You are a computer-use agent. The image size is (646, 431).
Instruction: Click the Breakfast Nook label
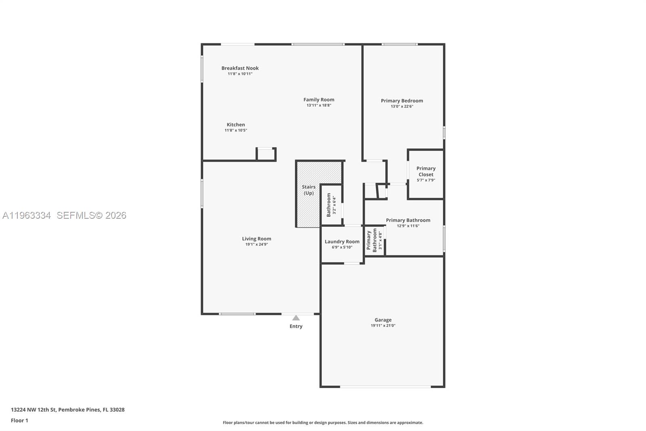(x=240, y=68)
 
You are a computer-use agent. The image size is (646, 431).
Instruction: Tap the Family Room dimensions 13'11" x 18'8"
(x=319, y=106)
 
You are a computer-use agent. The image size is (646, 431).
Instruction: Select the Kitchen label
(x=235, y=125)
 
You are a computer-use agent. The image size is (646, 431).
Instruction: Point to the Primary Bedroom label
(x=402, y=101)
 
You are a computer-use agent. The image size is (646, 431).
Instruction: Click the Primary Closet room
(x=426, y=174)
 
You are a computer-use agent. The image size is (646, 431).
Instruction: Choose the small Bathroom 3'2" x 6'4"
(x=331, y=205)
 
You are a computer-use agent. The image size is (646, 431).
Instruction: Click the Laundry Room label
(x=342, y=241)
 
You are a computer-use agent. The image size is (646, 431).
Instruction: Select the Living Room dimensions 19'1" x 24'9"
(x=256, y=245)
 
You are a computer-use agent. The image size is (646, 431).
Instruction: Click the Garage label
(x=383, y=320)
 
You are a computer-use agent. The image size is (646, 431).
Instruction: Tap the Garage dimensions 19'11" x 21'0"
(x=383, y=325)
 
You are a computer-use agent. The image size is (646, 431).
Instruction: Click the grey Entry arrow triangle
(x=296, y=318)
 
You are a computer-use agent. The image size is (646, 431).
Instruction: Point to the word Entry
(x=296, y=326)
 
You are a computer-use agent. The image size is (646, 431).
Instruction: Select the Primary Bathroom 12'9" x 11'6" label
(x=408, y=220)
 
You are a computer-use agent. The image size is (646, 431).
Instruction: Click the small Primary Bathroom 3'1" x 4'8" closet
(x=374, y=241)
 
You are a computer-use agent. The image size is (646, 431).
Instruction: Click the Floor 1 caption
(x=19, y=420)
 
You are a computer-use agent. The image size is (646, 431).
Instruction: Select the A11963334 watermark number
(x=27, y=215)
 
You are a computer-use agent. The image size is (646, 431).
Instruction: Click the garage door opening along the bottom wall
(x=385, y=387)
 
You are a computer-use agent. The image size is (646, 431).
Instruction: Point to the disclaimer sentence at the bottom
(x=323, y=423)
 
